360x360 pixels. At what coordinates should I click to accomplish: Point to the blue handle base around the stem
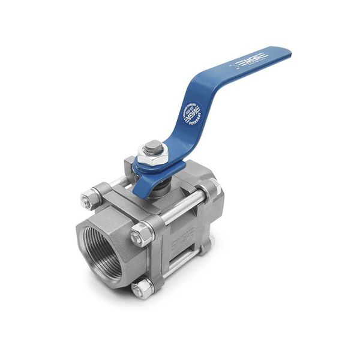coord(157,177)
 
